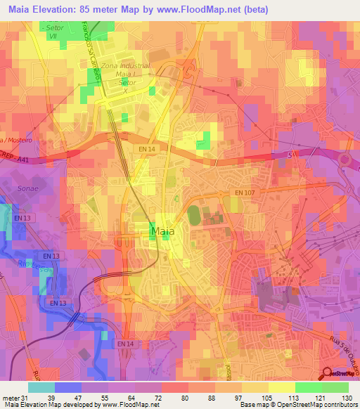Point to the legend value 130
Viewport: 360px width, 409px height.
point(348,397)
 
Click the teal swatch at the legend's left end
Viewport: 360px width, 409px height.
point(41,387)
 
